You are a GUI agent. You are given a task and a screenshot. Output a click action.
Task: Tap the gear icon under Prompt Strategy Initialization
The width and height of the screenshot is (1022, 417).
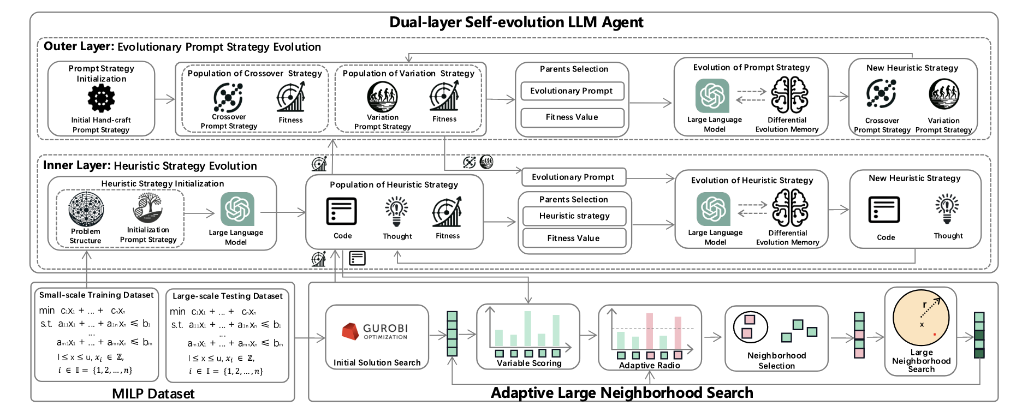pyautogui.click(x=101, y=99)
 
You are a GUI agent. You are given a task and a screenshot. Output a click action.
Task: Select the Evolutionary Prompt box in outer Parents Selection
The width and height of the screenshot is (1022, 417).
pyautogui.click(x=572, y=91)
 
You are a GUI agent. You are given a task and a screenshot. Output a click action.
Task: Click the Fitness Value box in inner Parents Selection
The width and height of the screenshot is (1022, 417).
pyautogui.click(x=574, y=239)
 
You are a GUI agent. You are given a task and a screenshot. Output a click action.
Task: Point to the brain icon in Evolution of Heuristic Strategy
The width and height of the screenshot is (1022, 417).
pyautogui.click(x=790, y=208)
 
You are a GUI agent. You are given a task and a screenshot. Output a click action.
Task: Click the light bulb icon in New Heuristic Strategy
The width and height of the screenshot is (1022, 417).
pyautogui.click(x=947, y=210)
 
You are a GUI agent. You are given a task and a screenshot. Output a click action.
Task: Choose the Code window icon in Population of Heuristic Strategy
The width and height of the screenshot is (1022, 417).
pyautogui.click(x=342, y=212)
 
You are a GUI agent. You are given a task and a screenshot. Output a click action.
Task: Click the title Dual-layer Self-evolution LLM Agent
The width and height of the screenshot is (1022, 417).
pyautogui.click(x=516, y=22)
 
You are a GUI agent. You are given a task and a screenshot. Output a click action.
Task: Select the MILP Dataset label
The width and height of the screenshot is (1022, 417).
pyautogui.click(x=153, y=394)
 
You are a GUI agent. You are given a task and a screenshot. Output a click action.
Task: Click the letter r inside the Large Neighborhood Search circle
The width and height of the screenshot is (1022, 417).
pyautogui.click(x=924, y=305)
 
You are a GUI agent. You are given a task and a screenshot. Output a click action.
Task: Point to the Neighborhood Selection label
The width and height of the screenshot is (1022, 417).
pyautogui.click(x=776, y=360)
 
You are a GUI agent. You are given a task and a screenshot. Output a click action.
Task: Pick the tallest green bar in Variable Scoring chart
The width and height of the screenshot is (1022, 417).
pyautogui.click(x=528, y=328)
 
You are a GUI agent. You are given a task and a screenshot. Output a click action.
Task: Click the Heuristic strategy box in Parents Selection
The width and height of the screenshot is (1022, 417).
pyautogui.click(x=574, y=216)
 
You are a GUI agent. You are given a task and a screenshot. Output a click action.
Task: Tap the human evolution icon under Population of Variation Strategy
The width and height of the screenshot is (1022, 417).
pyautogui.click(x=382, y=97)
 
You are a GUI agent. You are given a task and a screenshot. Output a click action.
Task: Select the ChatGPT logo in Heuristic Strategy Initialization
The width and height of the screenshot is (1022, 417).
pyautogui.click(x=237, y=208)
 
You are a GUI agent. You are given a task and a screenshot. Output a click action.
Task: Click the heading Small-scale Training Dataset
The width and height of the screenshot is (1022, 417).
pyautogui.click(x=97, y=295)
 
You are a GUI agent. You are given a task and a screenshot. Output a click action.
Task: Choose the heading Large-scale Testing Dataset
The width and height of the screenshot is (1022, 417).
pyautogui.click(x=228, y=296)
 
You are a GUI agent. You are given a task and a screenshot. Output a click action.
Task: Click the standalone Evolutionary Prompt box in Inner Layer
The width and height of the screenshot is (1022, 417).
pyautogui.click(x=573, y=177)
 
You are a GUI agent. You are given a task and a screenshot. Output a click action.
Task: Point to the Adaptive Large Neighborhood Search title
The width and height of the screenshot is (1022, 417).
pyautogui.click(x=622, y=393)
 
